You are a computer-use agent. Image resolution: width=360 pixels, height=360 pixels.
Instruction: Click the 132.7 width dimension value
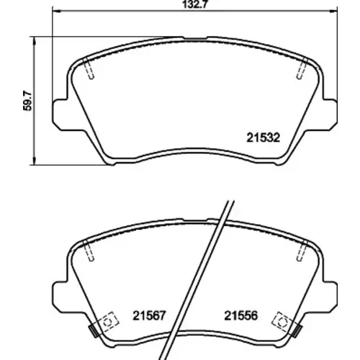(x=194, y=4)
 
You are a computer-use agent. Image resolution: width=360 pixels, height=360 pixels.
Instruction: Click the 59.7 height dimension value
(x=27, y=101)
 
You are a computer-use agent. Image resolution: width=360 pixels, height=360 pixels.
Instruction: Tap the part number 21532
(x=264, y=138)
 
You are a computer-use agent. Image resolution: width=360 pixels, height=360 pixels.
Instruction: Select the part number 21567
(x=149, y=315)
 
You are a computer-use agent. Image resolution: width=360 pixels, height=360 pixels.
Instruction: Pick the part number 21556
(x=240, y=315)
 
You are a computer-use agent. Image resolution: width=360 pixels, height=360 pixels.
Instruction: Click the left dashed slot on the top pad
(x=89, y=68)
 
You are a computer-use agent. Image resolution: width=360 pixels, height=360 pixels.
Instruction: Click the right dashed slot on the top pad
(x=302, y=68)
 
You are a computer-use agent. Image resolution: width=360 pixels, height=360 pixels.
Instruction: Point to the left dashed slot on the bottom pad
(x=89, y=251)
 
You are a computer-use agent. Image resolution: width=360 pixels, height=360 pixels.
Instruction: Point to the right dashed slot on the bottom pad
(x=302, y=251)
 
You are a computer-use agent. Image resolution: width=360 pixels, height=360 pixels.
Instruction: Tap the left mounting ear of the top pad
(x=60, y=114)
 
